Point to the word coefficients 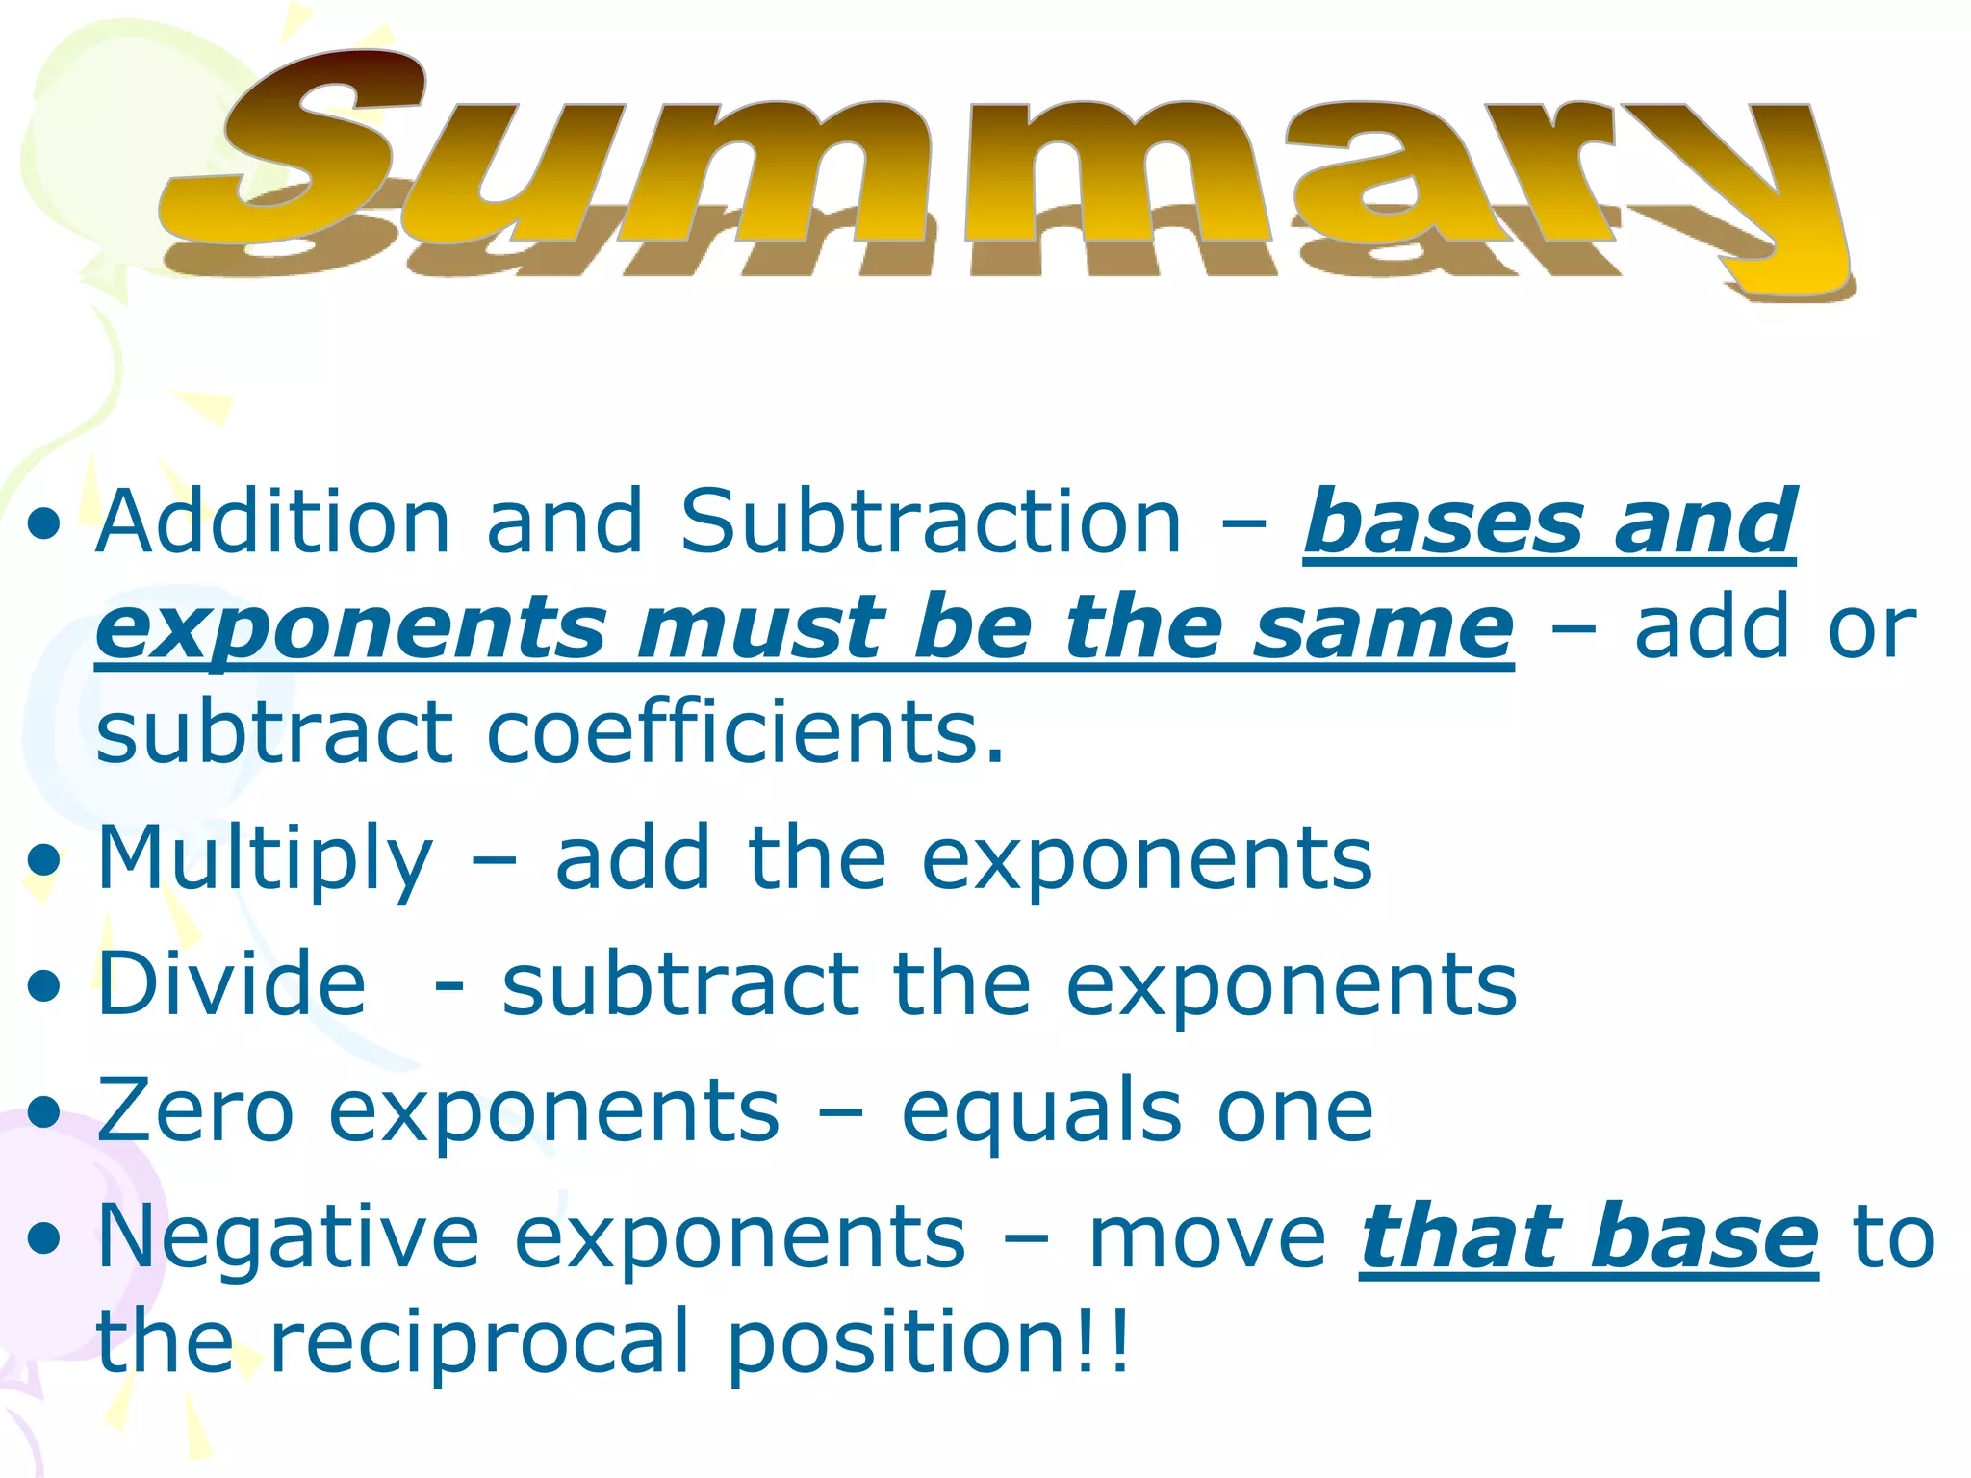point(745,732)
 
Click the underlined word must point(760,626)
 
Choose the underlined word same point(1384,626)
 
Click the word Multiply point(265,859)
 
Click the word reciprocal point(479,1342)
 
